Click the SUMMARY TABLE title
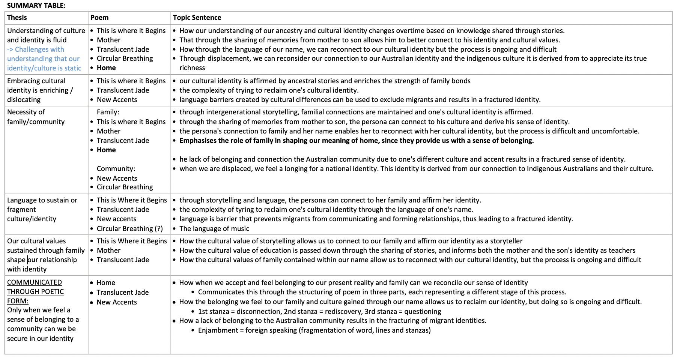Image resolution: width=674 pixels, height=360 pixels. coord(36,5)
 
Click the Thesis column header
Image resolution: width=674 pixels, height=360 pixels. coord(17,18)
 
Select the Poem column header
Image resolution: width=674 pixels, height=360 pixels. coord(99,18)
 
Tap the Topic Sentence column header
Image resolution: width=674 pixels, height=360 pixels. coord(197,18)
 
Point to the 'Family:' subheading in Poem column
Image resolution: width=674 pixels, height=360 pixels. coord(108,112)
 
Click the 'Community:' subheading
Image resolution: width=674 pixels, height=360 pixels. coord(116,169)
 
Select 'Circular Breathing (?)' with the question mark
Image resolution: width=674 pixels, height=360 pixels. coord(129,228)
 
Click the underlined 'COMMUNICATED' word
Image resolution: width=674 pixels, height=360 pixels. coord(35,282)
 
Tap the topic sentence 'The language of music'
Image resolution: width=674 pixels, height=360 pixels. coord(214,228)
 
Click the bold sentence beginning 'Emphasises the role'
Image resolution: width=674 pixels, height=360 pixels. coord(357,141)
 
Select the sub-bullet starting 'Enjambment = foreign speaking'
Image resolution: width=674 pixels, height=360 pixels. coord(314,330)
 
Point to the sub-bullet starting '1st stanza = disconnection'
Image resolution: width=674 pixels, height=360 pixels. coord(319,312)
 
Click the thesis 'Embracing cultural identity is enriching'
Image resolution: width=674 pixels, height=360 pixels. coord(39,90)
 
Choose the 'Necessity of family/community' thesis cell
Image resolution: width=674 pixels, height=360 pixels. coord(36,117)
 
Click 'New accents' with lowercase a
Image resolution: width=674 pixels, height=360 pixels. coord(116,219)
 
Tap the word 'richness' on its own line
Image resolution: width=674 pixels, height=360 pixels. coord(192,68)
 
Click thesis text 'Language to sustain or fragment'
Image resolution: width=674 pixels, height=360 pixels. coord(42,205)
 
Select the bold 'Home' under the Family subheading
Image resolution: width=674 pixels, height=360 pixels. coord(106,150)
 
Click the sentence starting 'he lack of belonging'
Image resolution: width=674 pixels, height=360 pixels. coord(402,159)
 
